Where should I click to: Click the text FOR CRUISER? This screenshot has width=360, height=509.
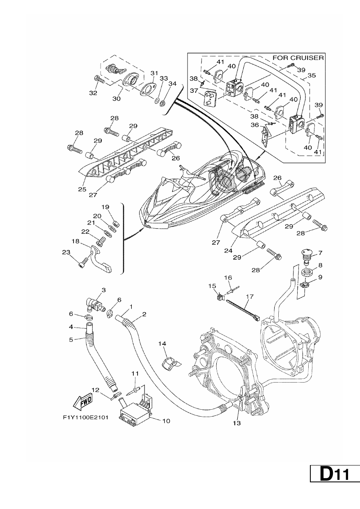(298, 58)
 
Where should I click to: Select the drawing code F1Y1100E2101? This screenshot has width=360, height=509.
(86, 417)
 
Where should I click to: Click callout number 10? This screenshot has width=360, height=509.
(166, 421)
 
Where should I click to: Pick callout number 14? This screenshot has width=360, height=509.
(162, 344)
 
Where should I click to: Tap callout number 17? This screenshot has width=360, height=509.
(250, 296)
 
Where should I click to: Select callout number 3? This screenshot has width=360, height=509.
(103, 290)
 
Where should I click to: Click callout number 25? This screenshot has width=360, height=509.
(82, 189)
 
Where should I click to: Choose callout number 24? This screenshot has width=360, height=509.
(228, 250)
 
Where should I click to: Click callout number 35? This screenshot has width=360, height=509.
(312, 75)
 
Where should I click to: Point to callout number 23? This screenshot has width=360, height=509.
(66, 252)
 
